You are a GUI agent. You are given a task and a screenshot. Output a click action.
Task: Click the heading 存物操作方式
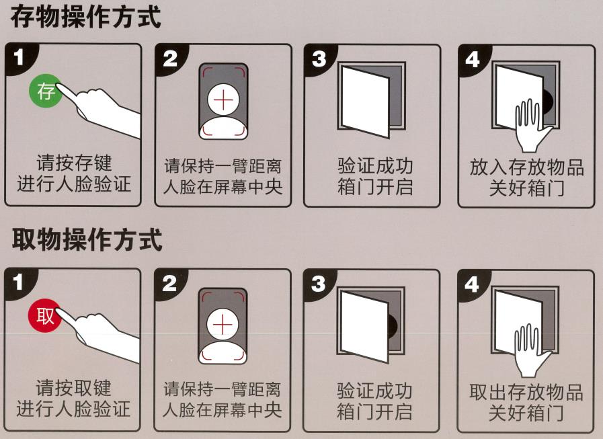86,18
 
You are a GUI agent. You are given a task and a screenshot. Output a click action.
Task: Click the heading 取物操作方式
86,239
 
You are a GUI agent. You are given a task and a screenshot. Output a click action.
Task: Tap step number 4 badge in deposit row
473,59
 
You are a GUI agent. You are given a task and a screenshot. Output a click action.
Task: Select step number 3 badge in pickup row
320,283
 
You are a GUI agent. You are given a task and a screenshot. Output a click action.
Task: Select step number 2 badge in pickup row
171,283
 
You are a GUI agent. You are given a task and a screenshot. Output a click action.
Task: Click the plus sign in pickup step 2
223,325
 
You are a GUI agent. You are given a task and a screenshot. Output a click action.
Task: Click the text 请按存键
74,162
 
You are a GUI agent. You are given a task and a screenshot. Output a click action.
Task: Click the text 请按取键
74,388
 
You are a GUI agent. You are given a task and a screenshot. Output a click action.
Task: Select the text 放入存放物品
526,167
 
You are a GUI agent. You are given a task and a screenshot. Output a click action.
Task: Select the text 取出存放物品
526,392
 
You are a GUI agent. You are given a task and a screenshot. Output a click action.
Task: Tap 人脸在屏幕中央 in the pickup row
223,409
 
